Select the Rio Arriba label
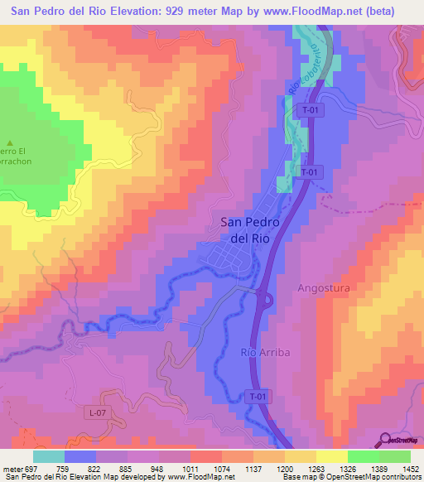click(265, 353)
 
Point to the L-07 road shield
click(98, 412)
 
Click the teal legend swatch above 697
click(49, 456)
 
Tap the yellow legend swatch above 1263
click(331, 456)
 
